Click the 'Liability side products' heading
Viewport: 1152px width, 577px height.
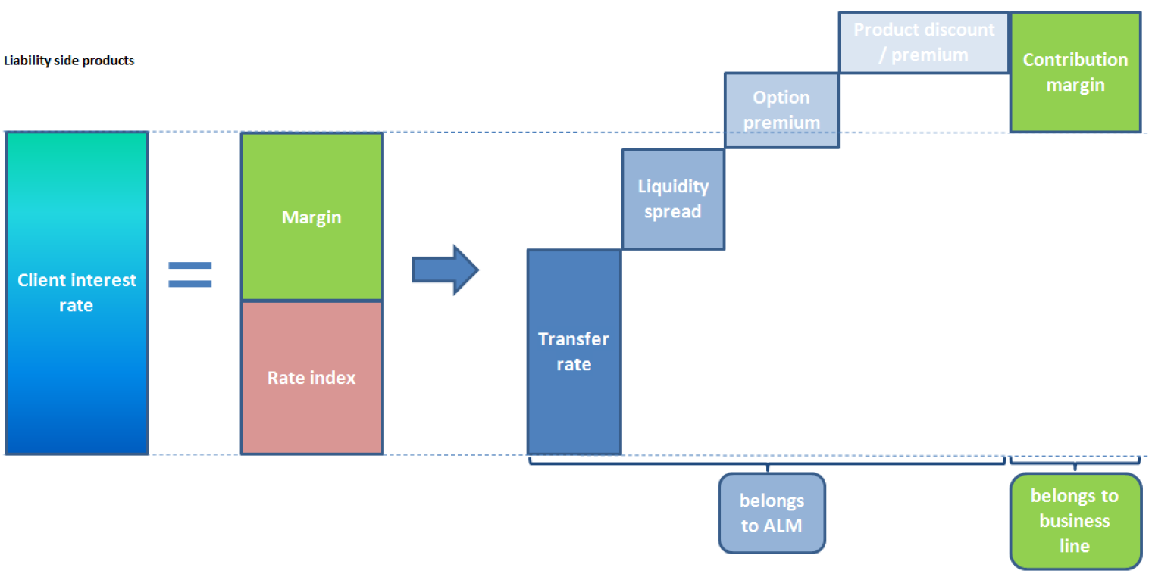click(69, 61)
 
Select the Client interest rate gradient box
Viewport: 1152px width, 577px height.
click(77, 293)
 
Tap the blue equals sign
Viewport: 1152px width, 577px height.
click(189, 274)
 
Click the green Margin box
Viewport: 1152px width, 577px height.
click(312, 217)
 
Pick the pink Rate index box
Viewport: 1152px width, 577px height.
click(312, 378)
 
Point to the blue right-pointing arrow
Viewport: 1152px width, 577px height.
click(446, 270)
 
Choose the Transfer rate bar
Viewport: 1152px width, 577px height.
click(574, 352)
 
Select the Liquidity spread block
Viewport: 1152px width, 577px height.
click(673, 199)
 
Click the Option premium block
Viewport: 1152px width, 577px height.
click(781, 110)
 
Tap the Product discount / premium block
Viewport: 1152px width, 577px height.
click(924, 42)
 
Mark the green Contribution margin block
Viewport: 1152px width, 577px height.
click(1075, 72)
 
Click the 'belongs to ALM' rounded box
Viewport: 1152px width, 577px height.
click(772, 513)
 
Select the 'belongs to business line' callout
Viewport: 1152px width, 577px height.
click(1075, 521)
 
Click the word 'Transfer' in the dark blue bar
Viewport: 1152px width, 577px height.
click(574, 339)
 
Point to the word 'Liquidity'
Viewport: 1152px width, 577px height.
click(673, 186)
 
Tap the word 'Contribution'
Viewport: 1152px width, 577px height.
click(1075, 60)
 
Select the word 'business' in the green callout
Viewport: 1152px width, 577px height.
click(1075, 521)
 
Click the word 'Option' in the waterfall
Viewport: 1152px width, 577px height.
click(781, 98)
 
